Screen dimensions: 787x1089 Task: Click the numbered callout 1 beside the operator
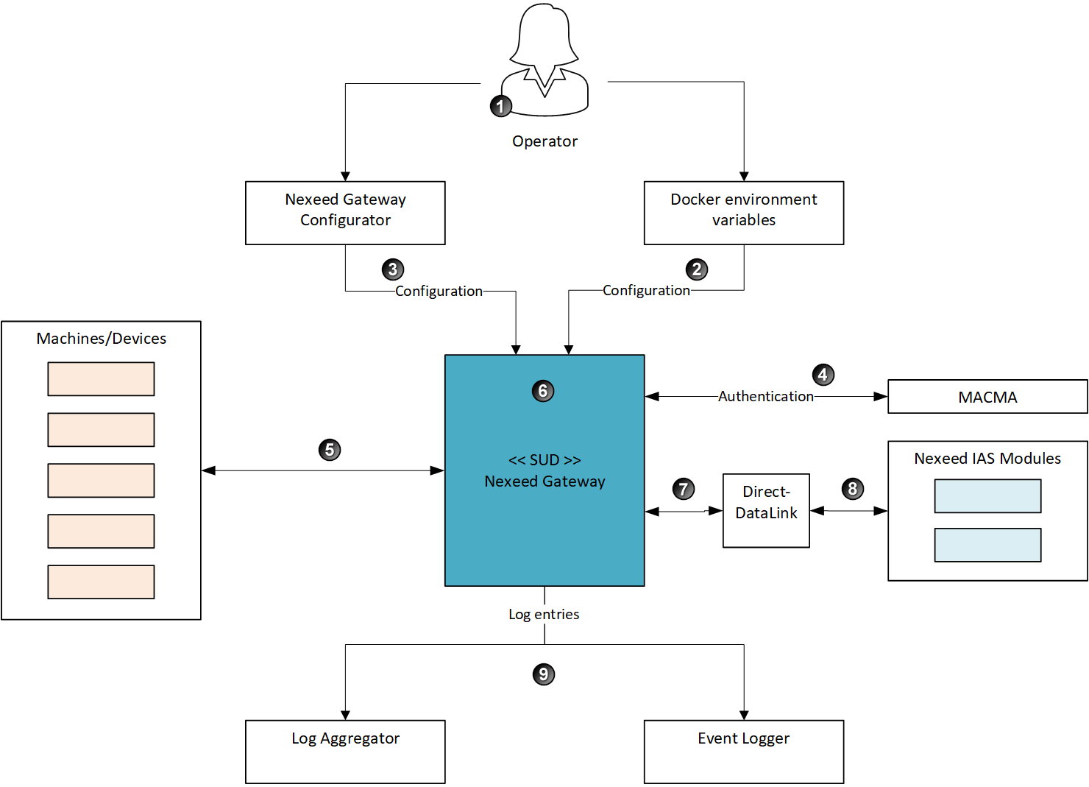point(500,106)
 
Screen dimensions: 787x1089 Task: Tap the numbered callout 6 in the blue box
point(543,391)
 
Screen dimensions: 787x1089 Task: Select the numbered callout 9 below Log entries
point(544,674)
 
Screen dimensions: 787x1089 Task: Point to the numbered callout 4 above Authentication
point(823,375)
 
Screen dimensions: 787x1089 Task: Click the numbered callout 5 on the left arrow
point(330,450)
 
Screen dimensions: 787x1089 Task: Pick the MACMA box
point(987,397)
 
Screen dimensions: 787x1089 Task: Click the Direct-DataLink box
point(766,510)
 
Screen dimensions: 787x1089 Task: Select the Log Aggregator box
point(345,751)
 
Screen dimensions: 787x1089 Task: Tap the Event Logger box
point(743,751)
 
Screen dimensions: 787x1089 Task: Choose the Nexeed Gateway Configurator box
point(345,213)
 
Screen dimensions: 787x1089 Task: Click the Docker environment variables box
point(743,213)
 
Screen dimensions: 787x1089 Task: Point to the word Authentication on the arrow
point(766,396)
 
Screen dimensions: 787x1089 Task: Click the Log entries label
point(544,614)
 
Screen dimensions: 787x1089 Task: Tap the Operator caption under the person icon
point(544,141)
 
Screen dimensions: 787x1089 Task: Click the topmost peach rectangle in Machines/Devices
point(101,379)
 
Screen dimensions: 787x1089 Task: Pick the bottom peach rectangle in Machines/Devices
point(101,582)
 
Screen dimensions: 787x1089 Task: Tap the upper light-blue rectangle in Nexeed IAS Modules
point(987,496)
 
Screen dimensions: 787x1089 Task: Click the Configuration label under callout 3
point(439,291)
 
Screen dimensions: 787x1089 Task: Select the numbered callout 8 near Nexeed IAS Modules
point(852,489)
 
